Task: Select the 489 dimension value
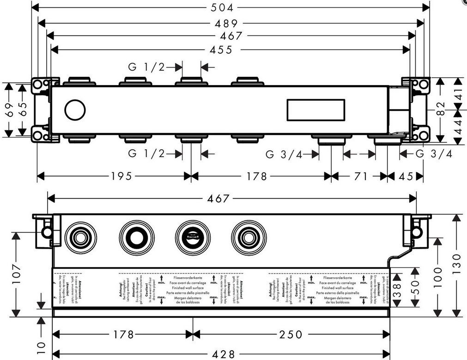[x=225, y=23]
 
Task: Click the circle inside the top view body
[x=75, y=110]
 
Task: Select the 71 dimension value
[x=361, y=176]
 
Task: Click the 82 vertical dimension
[x=441, y=110]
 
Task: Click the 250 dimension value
[x=291, y=334]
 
